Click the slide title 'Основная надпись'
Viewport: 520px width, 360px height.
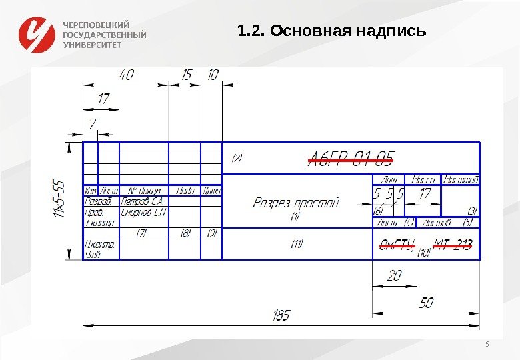pyautogui.click(x=331, y=31)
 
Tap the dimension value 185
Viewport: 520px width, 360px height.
pyautogui.click(x=281, y=315)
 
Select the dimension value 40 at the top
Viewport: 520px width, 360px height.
pyautogui.click(x=126, y=75)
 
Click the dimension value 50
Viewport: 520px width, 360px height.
pyautogui.click(x=426, y=302)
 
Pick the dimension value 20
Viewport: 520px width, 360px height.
pyautogui.click(x=394, y=275)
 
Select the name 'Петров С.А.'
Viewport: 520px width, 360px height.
pyautogui.click(x=143, y=201)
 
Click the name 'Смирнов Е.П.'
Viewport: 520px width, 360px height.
pyautogui.click(x=143, y=211)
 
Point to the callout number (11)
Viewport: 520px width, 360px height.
pyautogui.click(x=296, y=244)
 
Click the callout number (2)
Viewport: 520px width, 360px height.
pyautogui.click(x=236, y=159)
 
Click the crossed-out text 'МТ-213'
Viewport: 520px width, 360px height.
pyautogui.click(x=453, y=244)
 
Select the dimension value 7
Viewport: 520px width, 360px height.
pyautogui.click(x=92, y=123)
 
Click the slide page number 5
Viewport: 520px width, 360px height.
pyautogui.click(x=487, y=345)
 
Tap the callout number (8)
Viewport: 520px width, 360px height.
pyautogui.click(x=185, y=233)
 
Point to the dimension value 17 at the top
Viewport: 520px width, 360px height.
pyautogui.click(x=103, y=99)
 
